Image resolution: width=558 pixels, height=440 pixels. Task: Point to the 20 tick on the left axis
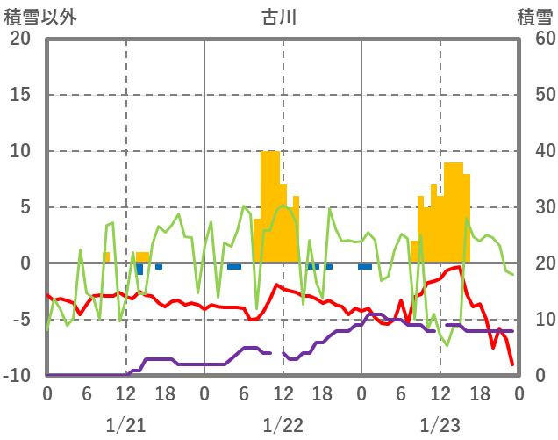point(20,39)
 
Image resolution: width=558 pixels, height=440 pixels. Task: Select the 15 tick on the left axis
point(20,95)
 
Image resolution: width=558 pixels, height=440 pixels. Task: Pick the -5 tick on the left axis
point(20,320)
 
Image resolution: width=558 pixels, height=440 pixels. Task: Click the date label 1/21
point(125,425)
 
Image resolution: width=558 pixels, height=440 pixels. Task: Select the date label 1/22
point(283,425)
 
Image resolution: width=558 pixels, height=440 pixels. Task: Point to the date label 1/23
point(440,425)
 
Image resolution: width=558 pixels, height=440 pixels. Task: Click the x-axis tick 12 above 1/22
point(283,394)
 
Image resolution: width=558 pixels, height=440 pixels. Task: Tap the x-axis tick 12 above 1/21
point(125,394)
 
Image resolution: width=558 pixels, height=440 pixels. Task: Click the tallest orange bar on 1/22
point(270,206)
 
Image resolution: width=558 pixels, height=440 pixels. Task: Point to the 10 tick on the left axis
point(20,151)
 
